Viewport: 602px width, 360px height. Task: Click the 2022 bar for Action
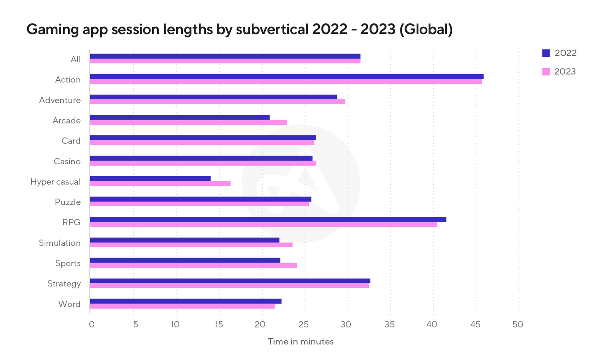coord(286,77)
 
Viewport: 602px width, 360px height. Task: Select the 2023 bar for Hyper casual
coord(160,184)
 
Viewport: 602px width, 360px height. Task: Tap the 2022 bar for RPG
coord(268,220)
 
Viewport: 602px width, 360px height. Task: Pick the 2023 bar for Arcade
coord(188,123)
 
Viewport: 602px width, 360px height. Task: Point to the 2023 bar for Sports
coord(194,265)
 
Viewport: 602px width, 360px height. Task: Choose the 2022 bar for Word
coord(186,301)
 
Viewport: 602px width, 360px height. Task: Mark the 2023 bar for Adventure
coord(217,102)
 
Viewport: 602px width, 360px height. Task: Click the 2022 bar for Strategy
coord(230,281)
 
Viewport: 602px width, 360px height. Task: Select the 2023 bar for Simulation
coord(191,245)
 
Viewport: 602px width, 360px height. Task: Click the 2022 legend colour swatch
coord(546,53)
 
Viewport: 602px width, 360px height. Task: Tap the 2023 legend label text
coord(565,71)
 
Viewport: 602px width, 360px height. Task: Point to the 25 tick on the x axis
coord(304,324)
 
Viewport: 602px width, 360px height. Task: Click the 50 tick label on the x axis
coord(518,324)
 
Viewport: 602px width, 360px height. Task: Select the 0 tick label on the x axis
coord(92,324)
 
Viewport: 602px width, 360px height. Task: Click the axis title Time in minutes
coord(301,342)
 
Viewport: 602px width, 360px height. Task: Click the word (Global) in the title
coord(426,30)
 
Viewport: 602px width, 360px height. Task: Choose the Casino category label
coord(67,161)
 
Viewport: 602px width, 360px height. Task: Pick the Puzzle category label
coord(68,202)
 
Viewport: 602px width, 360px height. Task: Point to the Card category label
coord(71,141)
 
